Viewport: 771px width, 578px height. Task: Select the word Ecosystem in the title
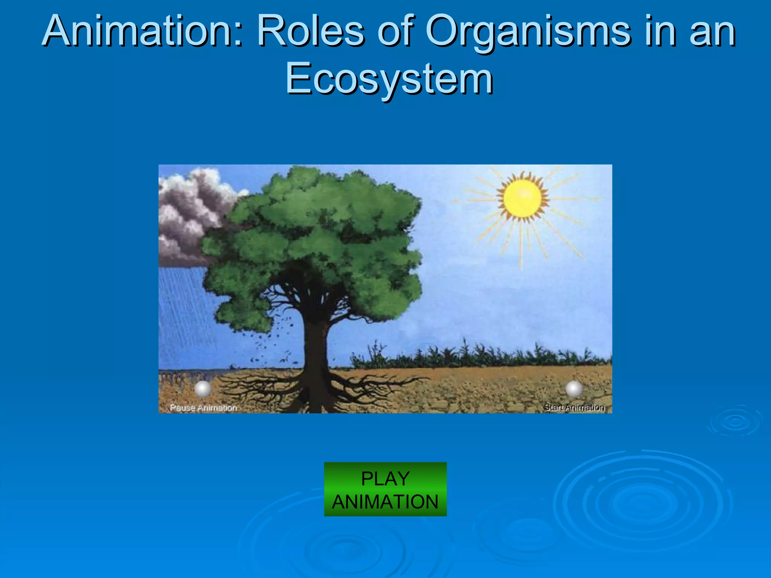pos(389,79)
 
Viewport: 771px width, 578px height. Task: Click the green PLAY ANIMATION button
pos(385,489)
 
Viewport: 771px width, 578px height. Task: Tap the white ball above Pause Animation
pos(203,389)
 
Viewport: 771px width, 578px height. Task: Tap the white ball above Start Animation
pos(574,389)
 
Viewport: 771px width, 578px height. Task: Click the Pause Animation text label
pos(203,408)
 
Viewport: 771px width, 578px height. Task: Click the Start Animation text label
pos(574,407)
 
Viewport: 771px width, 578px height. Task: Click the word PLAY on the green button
pos(385,479)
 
